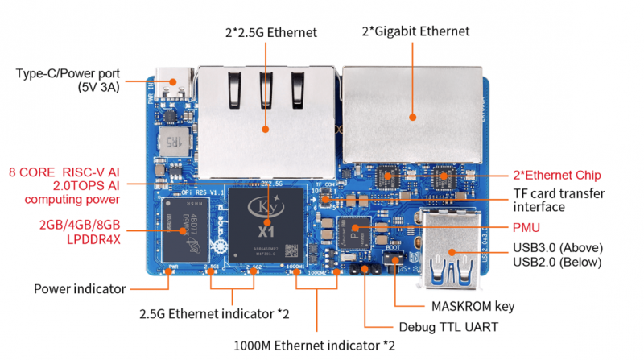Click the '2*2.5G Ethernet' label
click(270, 32)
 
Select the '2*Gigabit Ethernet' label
click(415, 31)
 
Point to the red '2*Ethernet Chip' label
click(557, 175)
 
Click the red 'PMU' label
click(527, 229)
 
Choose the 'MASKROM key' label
click(473, 307)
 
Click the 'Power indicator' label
click(80, 288)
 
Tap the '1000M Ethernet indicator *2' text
click(321, 346)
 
